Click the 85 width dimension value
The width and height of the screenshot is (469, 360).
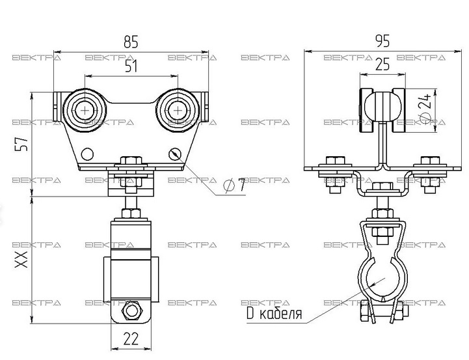[x=131, y=42]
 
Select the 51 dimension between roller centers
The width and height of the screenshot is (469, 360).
[x=131, y=66]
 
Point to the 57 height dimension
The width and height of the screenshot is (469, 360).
[x=21, y=144]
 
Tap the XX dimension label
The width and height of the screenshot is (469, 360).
[x=21, y=260]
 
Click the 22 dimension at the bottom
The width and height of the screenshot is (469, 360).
[x=131, y=339]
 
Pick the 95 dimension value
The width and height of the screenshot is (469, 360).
[x=382, y=41]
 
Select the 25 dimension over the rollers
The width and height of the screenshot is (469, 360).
[x=382, y=64]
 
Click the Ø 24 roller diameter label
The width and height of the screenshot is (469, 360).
[x=425, y=109]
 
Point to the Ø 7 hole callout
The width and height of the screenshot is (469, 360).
[x=234, y=186]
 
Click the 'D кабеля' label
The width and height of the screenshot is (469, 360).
[x=275, y=313]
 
